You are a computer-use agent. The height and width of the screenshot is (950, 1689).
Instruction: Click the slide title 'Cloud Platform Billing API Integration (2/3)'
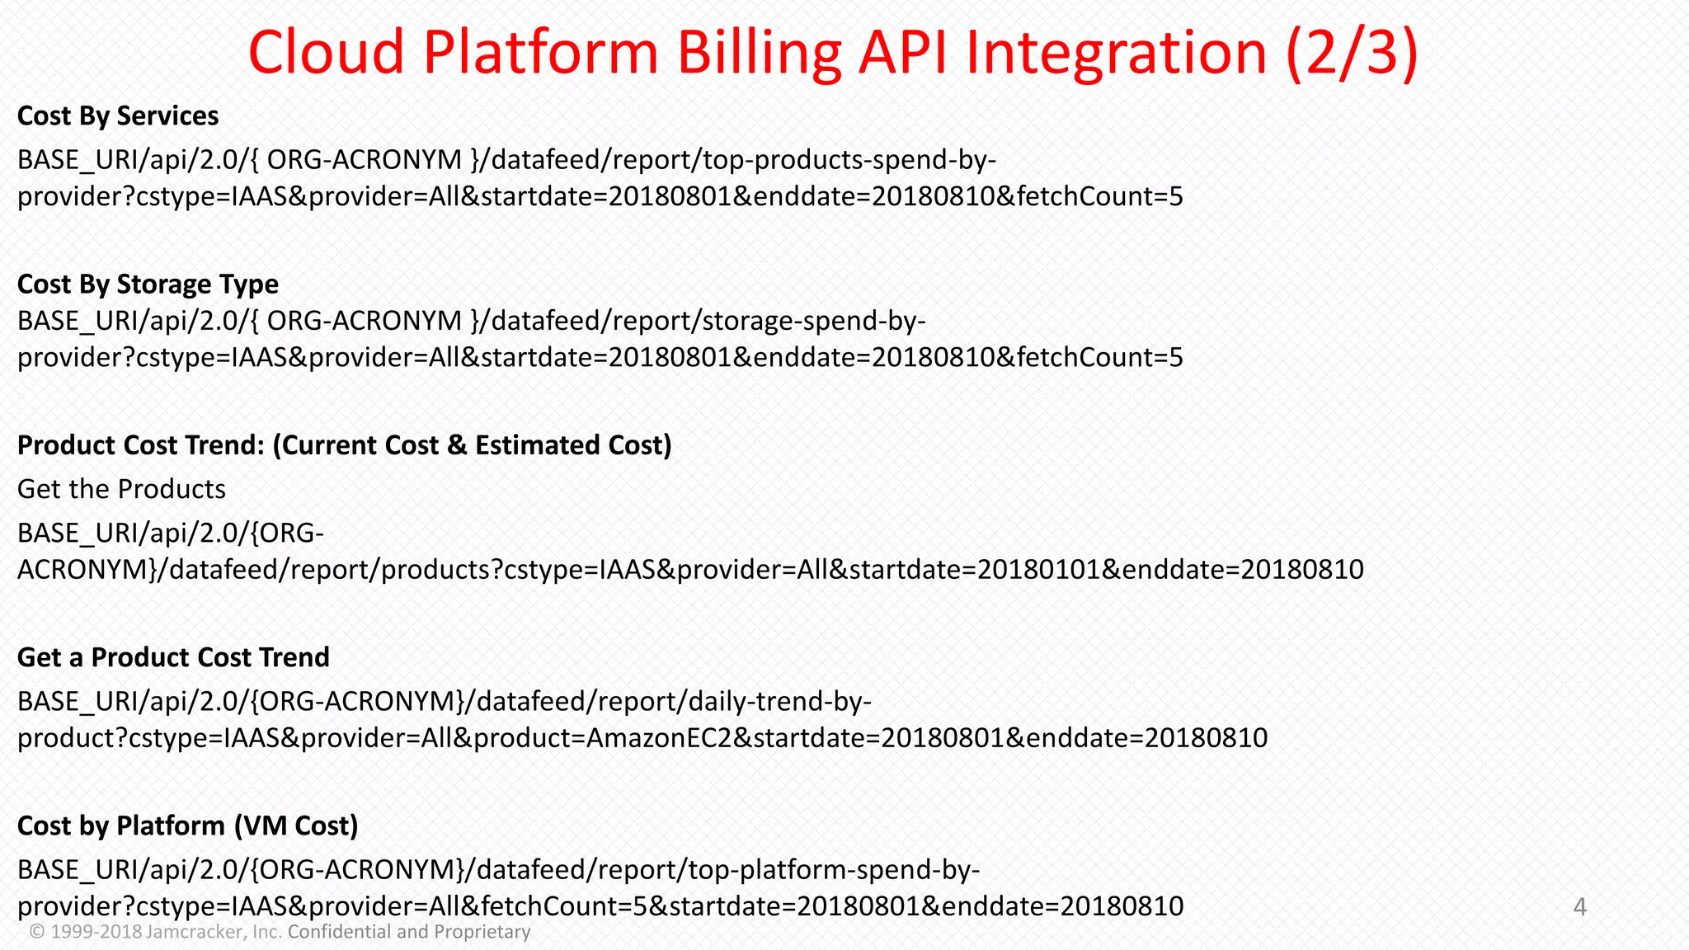pyautogui.click(x=833, y=52)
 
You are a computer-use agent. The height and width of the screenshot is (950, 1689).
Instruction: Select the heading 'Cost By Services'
pyautogui.click(x=118, y=116)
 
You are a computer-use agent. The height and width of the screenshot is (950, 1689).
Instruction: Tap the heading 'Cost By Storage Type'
pyautogui.click(x=148, y=285)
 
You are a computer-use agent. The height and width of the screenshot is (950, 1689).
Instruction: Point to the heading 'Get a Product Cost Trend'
pyautogui.click(x=173, y=657)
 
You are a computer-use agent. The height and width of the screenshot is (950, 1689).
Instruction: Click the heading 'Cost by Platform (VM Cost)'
pyautogui.click(x=187, y=825)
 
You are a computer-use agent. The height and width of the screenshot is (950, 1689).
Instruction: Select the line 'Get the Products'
pyautogui.click(x=121, y=489)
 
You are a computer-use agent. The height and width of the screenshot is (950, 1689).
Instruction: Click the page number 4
pyautogui.click(x=1579, y=907)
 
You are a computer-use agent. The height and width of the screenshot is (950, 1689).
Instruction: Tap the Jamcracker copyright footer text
pyautogui.click(x=280, y=932)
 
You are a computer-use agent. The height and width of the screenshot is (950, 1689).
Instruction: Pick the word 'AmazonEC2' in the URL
pyautogui.click(x=658, y=737)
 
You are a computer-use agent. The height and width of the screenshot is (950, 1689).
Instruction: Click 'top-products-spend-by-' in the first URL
pyautogui.click(x=849, y=159)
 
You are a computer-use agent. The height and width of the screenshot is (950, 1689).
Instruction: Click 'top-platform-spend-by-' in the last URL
pyautogui.click(x=834, y=869)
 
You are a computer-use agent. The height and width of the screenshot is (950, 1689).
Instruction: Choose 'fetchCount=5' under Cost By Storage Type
pyautogui.click(x=1099, y=357)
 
